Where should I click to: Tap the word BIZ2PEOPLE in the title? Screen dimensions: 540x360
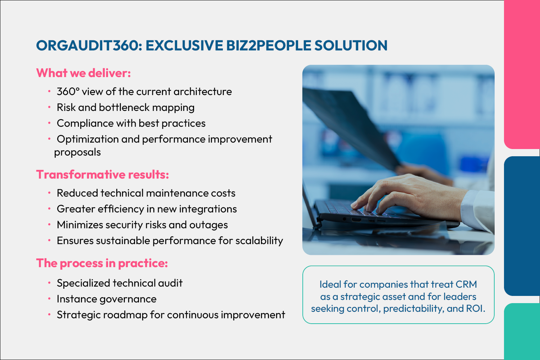pyautogui.click(x=269, y=45)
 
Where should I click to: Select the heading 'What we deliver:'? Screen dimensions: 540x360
pyautogui.click(x=84, y=73)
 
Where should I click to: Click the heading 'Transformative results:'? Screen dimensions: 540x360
pyautogui.click(x=103, y=174)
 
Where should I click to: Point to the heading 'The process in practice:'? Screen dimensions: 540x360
pyautogui.click(x=102, y=263)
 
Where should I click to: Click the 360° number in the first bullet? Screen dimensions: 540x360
pyautogui.click(x=68, y=92)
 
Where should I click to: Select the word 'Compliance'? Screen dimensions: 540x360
pyautogui.click(x=85, y=123)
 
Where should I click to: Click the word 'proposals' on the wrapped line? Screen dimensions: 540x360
pyautogui.click(x=77, y=153)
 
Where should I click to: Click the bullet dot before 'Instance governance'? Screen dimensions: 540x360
pyautogui.click(x=49, y=299)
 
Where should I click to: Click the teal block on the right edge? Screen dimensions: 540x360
pyautogui.click(x=522, y=332)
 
